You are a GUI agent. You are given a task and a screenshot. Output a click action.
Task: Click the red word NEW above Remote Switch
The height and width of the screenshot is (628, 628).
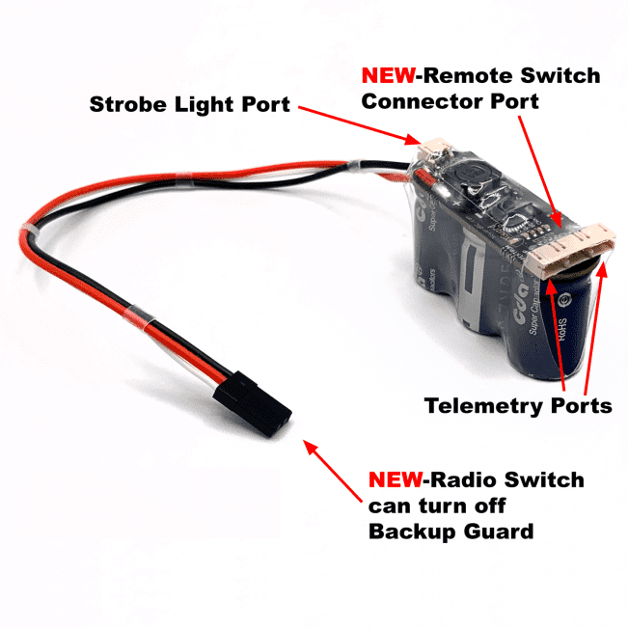coord(389,75)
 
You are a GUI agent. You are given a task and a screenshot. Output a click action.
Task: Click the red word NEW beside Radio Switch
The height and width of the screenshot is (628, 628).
coord(397,479)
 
